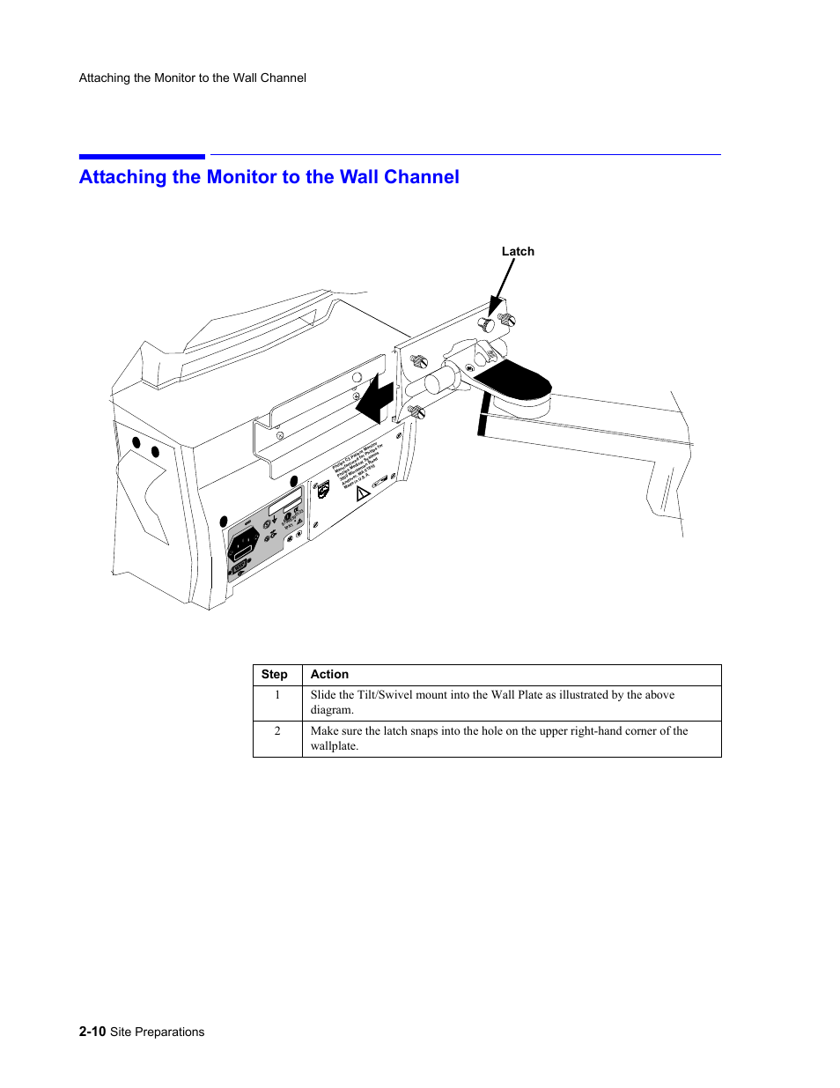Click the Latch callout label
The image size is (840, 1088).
point(518,251)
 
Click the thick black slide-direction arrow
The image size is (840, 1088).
point(375,399)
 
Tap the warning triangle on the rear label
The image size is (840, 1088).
point(362,493)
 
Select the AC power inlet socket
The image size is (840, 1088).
point(244,544)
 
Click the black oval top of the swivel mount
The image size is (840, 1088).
point(513,379)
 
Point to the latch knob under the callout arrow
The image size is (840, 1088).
point(486,325)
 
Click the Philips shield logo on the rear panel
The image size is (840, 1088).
point(323,490)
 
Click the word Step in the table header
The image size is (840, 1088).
point(274,675)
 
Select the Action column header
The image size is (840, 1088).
point(329,675)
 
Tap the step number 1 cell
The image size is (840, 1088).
point(277,695)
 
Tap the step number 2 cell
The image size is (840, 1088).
point(277,731)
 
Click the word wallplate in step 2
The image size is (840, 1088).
point(333,746)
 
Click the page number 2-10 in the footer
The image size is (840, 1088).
point(92,1032)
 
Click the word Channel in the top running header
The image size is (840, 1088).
point(284,78)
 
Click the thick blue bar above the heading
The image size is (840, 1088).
point(142,157)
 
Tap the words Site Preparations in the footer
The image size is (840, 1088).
point(157,1032)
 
